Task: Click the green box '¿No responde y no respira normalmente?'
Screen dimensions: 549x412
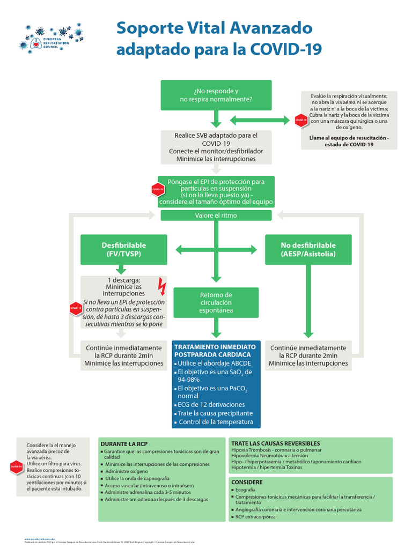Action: coord(216,95)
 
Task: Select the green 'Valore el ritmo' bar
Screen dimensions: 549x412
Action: coord(216,216)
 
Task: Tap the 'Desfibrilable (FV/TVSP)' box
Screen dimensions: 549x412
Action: coord(124,249)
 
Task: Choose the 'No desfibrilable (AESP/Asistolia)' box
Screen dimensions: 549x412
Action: coord(308,249)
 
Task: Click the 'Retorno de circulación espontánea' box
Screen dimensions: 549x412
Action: coord(216,302)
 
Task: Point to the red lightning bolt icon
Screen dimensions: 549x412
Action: coord(162,286)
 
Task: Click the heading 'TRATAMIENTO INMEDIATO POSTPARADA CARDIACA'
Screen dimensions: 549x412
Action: coord(213,351)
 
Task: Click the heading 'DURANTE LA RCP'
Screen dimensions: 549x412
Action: coord(124,444)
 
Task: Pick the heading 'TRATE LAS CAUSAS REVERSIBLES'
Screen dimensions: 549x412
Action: coord(276,443)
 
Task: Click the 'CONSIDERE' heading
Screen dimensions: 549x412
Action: coord(247,482)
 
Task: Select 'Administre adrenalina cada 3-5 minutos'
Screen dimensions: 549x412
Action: coord(148,492)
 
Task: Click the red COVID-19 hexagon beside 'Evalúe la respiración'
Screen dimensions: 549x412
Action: coord(300,120)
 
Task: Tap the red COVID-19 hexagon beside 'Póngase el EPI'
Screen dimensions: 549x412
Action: coord(157,189)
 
